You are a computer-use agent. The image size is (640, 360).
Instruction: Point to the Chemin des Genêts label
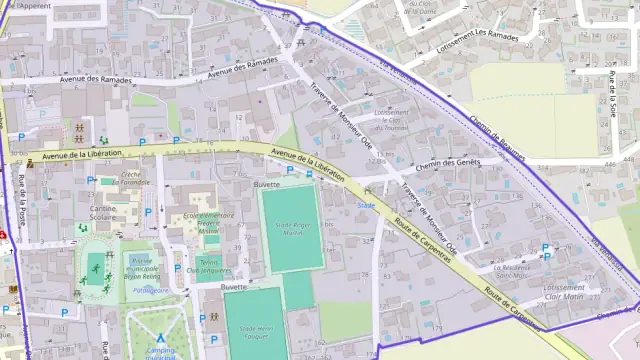click(448, 163)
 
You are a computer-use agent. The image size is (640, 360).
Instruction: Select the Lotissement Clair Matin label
click(564, 291)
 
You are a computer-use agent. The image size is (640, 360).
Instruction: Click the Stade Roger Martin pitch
click(291, 229)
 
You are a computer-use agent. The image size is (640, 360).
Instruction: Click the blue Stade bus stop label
click(366, 206)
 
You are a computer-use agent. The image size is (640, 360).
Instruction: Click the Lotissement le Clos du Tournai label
click(391, 120)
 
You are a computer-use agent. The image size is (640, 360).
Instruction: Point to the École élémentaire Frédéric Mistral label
click(207, 221)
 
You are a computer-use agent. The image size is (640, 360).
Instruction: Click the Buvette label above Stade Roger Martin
click(266, 185)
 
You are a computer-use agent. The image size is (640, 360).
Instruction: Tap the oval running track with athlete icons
click(95, 269)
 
